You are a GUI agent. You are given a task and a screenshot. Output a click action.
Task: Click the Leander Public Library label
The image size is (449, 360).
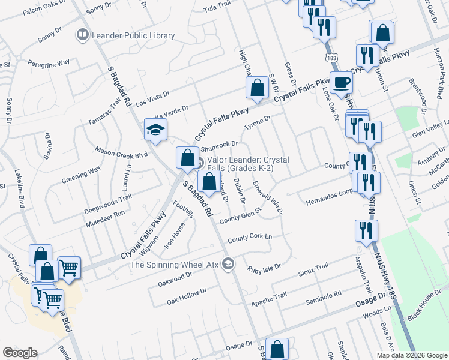133,36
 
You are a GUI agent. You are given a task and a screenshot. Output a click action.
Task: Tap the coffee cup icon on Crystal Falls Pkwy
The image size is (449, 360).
341,82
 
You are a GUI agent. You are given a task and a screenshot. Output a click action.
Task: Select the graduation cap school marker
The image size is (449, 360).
155,130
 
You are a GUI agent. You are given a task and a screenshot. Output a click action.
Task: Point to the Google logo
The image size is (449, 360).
19,353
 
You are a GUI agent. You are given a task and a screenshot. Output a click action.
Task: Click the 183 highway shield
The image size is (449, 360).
332,58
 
